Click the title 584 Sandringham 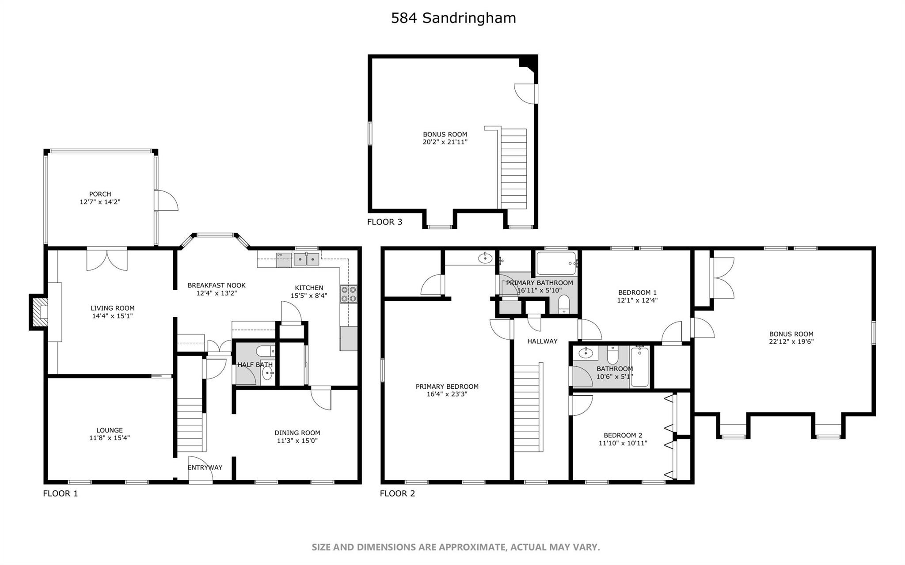pyautogui.click(x=453, y=18)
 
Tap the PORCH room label pyautogui.click(x=100, y=194)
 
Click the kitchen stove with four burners pyautogui.click(x=349, y=294)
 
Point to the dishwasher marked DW pyautogui.click(x=284, y=260)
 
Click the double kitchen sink pyautogui.click(x=306, y=259)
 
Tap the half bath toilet pyautogui.click(x=265, y=351)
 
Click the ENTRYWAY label pyautogui.click(x=205, y=467)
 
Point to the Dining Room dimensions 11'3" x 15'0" pyautogui.click(x=297, y=440)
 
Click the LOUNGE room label pyautogui.click(x=110, y=430)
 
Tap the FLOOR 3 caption pyautogui.click(x=384, y=222)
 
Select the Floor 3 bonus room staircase pyautogui.click(x=513, y=168)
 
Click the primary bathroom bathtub pyautogui.click(x=556, y=263)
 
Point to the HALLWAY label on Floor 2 pyautogui.click(x=542, y=341)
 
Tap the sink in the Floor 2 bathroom pyautogui.click(x=586, y=353)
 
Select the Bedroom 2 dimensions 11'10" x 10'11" pyautogui.click(x=623, y=443)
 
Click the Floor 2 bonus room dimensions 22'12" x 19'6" pyautogui.click(x=791, y=341)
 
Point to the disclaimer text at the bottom pyautogui.click(x=456, y=547)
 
